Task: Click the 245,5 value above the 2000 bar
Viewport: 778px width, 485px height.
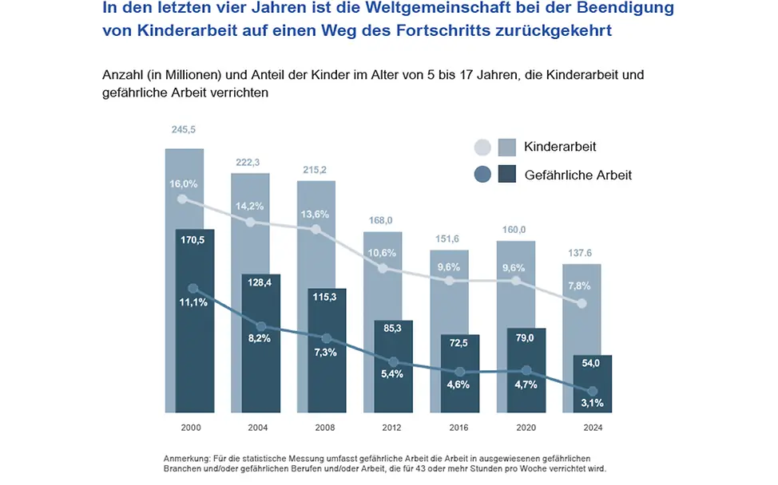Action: [x=184, y=130]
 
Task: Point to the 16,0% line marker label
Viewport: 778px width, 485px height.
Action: [x=184, y=183]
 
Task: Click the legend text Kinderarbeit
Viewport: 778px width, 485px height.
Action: [x=560, y=147]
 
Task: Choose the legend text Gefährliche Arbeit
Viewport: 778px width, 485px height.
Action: [x=578, y=174]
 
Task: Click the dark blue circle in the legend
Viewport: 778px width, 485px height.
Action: [x=482, y=174]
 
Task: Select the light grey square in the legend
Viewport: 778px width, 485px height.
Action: [x=506, y=147]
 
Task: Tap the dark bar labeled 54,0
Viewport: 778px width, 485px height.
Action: [x=592, y=383]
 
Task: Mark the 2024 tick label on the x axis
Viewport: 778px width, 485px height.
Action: [x=592, y=428]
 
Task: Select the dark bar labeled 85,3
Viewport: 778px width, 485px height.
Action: [x=393, y=367]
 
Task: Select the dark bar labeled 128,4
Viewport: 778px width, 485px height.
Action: [x=260, y=343]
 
